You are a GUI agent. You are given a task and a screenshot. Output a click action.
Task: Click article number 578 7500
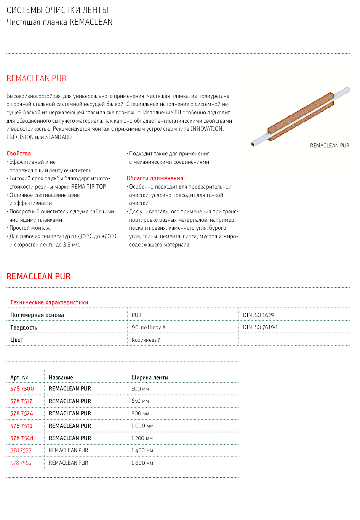tap(22, 389)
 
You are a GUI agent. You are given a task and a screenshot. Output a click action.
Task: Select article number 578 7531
tap(21, 426)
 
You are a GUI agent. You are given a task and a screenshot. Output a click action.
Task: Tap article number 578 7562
tap(21, 463)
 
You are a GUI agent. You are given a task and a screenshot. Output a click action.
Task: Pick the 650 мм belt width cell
tap(140, 401)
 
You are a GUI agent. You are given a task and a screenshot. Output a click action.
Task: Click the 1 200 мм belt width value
tap(142, 438)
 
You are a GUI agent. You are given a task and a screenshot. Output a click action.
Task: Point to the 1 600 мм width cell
tap(142, 463)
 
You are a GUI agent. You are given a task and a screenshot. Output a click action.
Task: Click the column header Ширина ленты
tap(150, 378)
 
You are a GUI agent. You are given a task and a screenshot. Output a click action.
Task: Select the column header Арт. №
tap(19, 378)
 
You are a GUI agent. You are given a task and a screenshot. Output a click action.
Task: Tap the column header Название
tap(61, 378)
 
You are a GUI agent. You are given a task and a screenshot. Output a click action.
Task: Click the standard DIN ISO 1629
tap(258, 315)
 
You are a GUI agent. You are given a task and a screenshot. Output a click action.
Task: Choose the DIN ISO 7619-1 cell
tap(261, 327)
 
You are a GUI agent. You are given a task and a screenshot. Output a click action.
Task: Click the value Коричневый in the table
tap(146, 340)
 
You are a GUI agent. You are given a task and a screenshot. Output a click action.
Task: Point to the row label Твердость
tap(24, 328)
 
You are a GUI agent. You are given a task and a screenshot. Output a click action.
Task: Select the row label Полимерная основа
tap(37, 315)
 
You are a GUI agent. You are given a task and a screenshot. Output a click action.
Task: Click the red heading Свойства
tap(19, 154)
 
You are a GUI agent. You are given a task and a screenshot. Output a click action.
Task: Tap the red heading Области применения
tap(155, 178)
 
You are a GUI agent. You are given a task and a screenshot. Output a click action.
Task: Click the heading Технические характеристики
tap(49, 302)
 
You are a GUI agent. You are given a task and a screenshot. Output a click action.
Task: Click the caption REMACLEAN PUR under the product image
tap(330, 146)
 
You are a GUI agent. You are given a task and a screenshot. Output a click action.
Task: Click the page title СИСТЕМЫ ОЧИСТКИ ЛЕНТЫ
tap(58, 10)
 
